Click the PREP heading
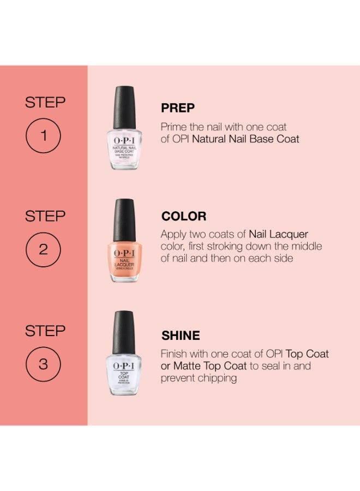click(x=178, y=108)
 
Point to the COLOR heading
click(x=184, y=216)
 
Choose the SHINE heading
click(x=181, y=336)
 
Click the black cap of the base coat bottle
click(x=124, y=107)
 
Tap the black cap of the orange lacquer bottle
click(x=124, y=220)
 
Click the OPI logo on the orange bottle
click(x=124, y=253)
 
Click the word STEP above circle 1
click(x=45, y=103)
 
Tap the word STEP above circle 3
click(x=45, y=331)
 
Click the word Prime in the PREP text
click(x=174, y=127)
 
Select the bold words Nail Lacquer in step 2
click(x=278, y=235)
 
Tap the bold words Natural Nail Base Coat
click(x=246, y=139)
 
